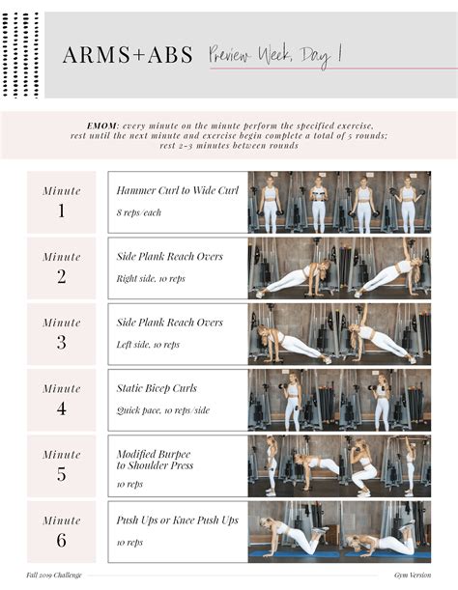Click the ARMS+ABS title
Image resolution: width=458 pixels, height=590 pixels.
coord(128,55)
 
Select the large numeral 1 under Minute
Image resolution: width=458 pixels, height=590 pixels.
coord(61,211)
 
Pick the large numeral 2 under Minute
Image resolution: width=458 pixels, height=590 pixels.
coord(61,276)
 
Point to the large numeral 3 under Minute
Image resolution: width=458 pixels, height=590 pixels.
coord(61,342)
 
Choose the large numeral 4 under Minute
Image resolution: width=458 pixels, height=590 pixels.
coord(61,407)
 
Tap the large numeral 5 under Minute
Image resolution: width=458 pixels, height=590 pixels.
coord(61,473)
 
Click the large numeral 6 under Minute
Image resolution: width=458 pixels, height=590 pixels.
coord(61,539)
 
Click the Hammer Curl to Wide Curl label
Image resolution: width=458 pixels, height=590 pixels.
coord(177,190)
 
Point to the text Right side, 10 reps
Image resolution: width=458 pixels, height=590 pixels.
coord(150,278)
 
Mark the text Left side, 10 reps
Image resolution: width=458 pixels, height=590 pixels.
coord(148,344)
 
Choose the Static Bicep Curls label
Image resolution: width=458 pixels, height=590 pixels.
coord(157,388)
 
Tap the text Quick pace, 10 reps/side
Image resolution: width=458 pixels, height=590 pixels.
coord(162,409)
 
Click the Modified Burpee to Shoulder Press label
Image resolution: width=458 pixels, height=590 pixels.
coord(155,460)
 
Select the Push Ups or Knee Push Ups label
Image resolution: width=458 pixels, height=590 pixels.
coord(177,520)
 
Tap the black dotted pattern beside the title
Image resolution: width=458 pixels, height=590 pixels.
coord(21,54)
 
